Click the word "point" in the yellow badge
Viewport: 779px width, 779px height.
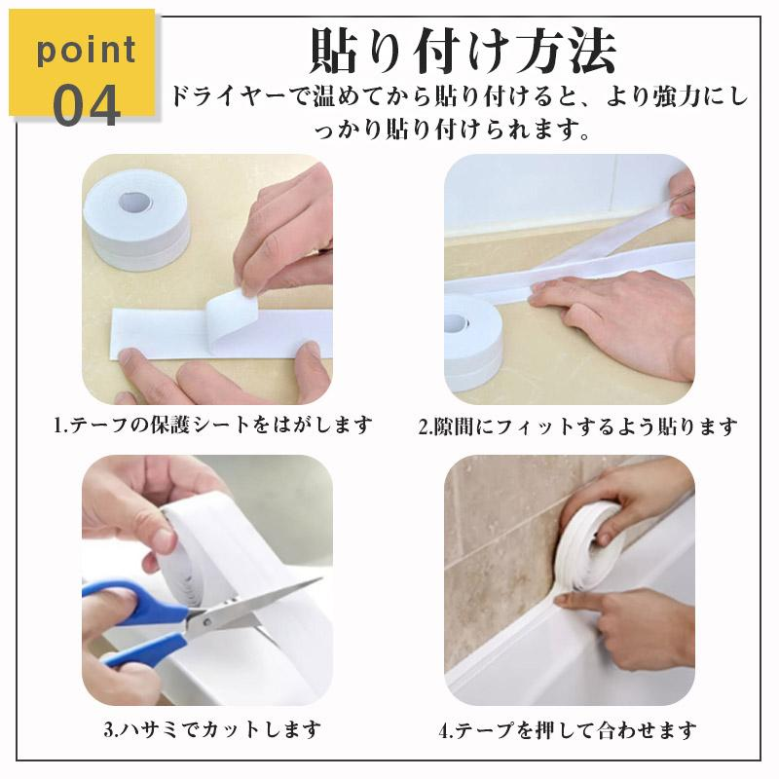pyautogui.click(x=87, y=51)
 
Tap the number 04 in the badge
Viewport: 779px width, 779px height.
pyautogui.click(x=87, y=105)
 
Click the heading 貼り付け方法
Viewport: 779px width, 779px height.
pyautogui.click(x=462, y=52)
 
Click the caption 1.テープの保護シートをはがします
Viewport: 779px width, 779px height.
pyautogui.click(x=213, y=426)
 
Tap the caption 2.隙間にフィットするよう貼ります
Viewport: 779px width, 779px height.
pyautogui.click(x=577, y=427)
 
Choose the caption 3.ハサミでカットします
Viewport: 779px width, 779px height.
pyautogui.click(x=212, y=729)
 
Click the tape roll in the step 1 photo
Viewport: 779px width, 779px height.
pyautogui.click(x=136, y=219)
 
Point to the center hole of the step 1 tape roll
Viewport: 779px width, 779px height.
pyautogui.click(x=134, y=202)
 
